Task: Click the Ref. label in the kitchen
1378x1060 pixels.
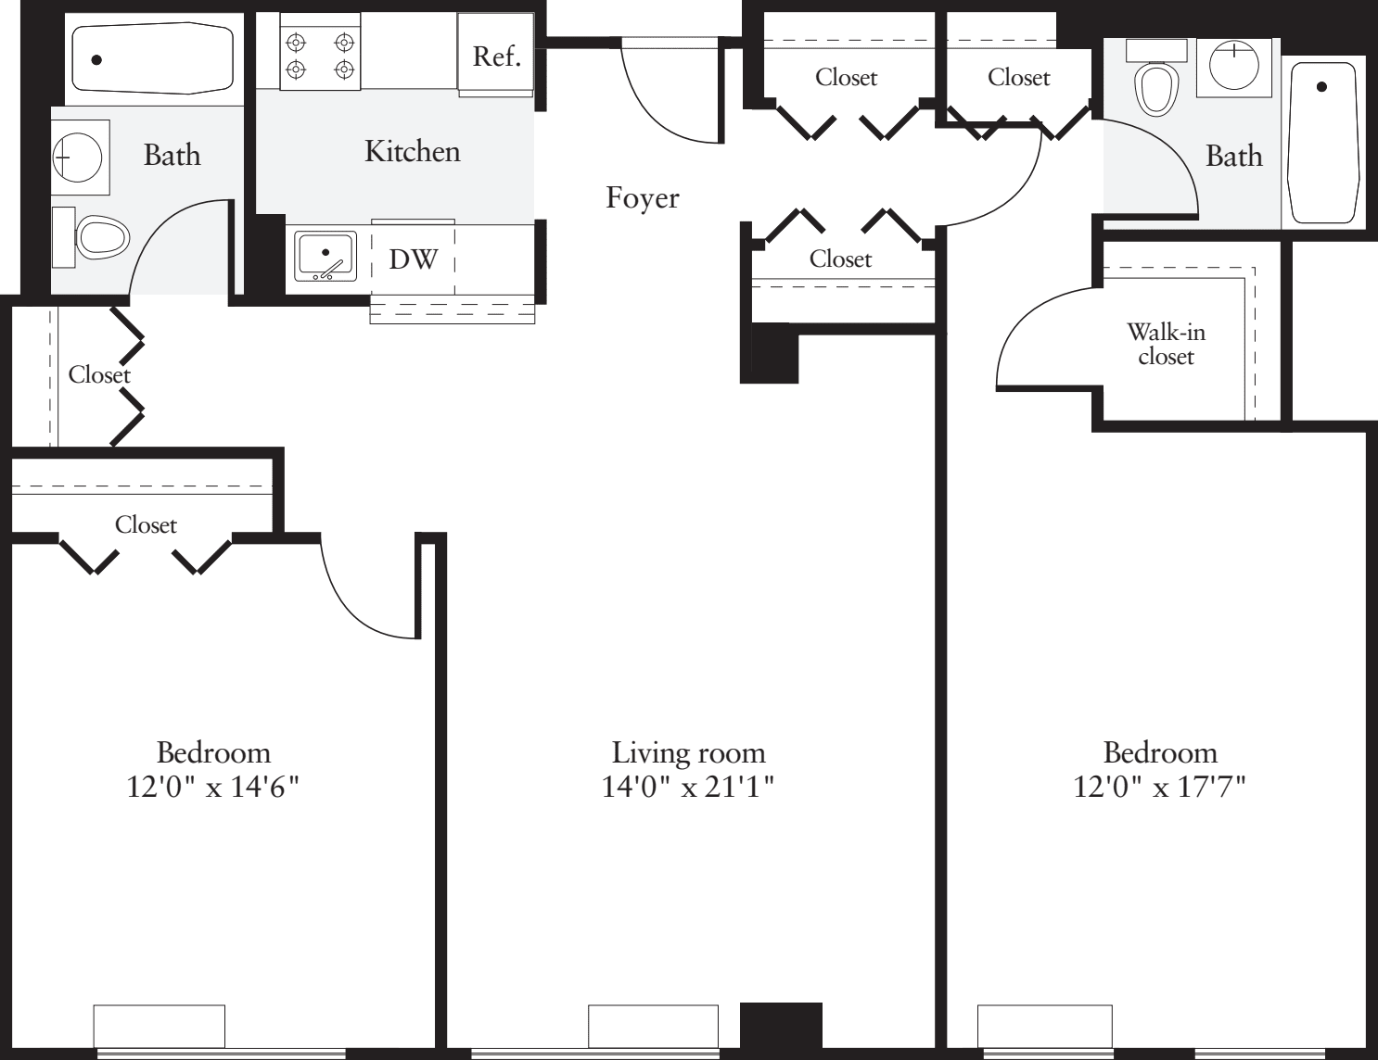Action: pos(496,57)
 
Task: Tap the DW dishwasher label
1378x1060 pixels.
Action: pos(413,259)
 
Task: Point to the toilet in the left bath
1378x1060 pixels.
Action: pos(98,238)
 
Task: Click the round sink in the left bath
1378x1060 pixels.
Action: pos(79,158)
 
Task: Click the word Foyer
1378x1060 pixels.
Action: pos(642,197)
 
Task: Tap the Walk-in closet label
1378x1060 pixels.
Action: pos(1166,344)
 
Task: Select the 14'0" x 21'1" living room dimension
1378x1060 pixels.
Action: pos(688,787)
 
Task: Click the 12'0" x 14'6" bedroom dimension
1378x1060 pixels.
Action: pos(213,787)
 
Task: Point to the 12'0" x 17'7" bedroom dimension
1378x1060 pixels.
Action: pos(1159,787)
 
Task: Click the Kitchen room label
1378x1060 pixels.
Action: pos(412,151)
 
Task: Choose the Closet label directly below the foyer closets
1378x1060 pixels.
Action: pos(840,259)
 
